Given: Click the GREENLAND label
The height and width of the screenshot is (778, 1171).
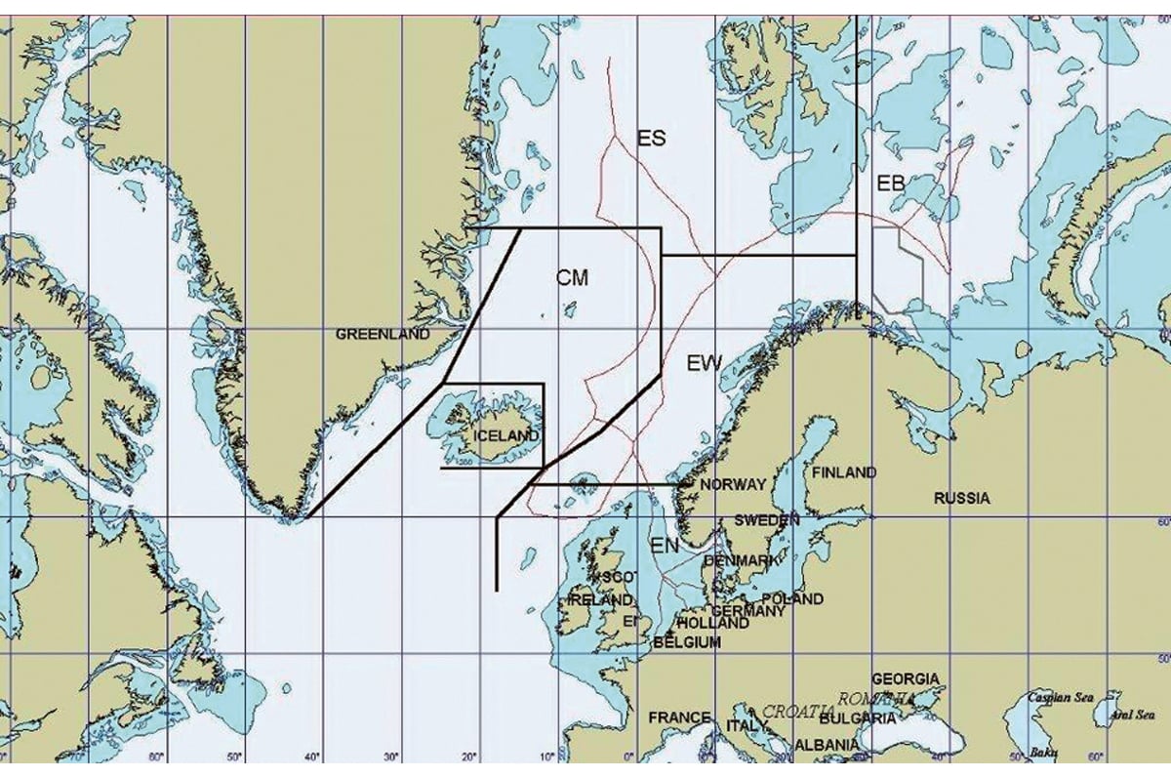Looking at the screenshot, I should click(383, 334).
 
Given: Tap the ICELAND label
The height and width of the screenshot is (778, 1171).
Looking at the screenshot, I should click(505, 434).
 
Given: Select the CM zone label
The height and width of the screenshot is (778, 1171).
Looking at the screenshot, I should click(572, 278).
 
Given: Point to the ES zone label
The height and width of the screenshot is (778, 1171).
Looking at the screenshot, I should click(651, 139).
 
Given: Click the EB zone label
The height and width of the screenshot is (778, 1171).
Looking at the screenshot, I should click(891, 184).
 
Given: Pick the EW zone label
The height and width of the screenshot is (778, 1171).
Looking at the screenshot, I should click(704, 364).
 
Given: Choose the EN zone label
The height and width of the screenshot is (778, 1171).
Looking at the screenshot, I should click(665, 547).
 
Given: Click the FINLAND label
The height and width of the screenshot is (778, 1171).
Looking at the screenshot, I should click(844, 472).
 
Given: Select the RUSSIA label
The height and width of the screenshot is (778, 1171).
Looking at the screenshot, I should click(961, 498).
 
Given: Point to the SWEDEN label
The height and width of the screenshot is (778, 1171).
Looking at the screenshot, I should click(767, 520).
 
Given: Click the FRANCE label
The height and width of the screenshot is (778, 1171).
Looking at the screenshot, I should click(679, 717).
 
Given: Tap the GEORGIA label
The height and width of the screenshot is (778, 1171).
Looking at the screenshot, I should click(906, 678).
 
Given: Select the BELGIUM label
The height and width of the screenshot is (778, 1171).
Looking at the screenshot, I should click(687, 642).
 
